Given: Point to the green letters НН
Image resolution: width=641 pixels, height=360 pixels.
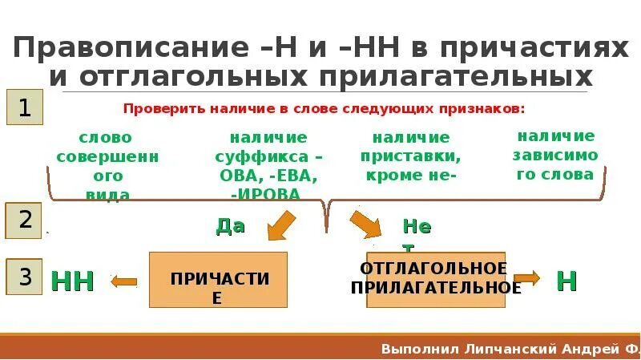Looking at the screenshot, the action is [73, 281].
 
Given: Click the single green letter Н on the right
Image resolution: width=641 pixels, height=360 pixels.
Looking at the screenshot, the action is [567, 281].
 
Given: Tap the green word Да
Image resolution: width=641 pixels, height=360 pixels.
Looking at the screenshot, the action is [230, 226].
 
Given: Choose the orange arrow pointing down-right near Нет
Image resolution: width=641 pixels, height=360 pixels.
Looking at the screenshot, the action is [366, 224].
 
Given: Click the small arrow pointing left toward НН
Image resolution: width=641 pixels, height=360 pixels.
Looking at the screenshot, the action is [124, 281].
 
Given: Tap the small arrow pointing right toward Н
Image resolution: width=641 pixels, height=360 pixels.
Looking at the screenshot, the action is [526, 279].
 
